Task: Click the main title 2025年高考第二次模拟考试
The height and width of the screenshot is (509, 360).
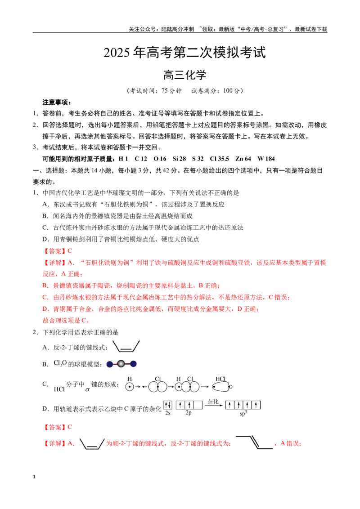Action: (x=184, y=53)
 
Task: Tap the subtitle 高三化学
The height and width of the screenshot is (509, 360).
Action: (x=184, y=75)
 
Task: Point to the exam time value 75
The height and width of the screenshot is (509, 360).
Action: (x=165, y=90)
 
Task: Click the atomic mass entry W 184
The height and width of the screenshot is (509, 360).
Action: (x=266, y=159)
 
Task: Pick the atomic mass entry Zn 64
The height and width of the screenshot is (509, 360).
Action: (x=243, y=159)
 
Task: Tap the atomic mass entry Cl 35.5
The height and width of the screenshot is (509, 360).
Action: (x=219, y=159)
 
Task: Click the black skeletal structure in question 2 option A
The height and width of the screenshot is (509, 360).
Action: (x=126, y=346)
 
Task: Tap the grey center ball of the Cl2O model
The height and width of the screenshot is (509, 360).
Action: (x=121, y=364)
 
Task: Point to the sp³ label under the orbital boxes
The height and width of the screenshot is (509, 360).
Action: (x=243, y=414)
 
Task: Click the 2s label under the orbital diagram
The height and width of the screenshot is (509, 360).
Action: (x=168, y=413)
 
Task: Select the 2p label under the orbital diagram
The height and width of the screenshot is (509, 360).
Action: (x=189, y=413)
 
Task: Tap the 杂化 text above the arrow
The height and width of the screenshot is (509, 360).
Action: (x=213, y=402)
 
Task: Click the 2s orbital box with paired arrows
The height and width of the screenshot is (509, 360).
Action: (x=168, y=405)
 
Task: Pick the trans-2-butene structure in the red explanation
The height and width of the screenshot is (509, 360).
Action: (x=254, y=442)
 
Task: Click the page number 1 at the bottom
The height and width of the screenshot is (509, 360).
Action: (x=34, y=477)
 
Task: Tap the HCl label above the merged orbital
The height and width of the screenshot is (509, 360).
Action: (x=220, y=379)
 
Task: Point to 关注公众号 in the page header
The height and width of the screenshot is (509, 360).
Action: (x=142, y=29)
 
